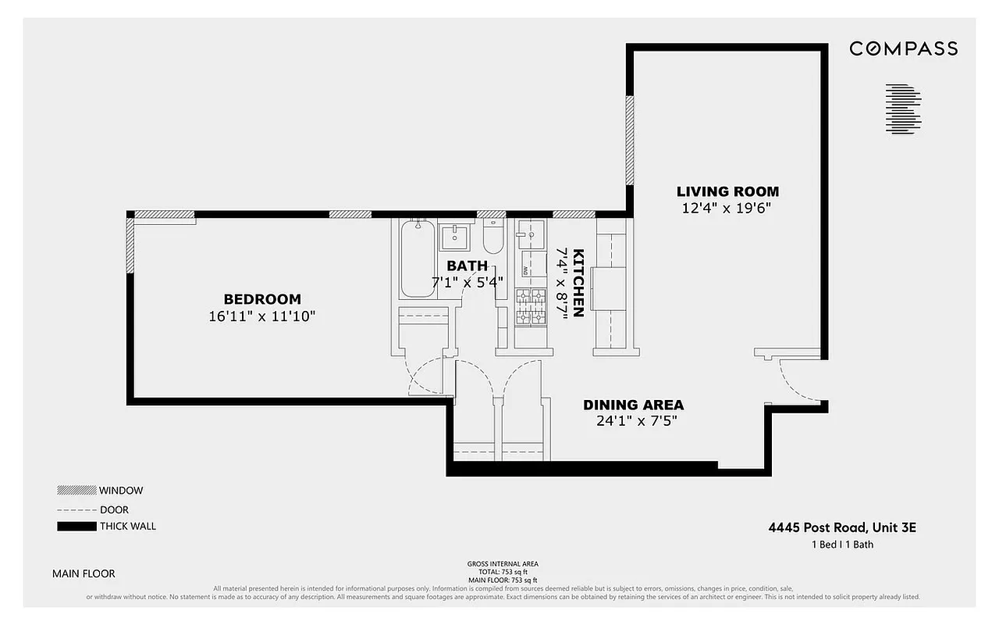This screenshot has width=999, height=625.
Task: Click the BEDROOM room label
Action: pyautogui.click(x=262, y=299)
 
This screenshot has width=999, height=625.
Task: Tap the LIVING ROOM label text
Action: pyautogui.click(x=727, y=191)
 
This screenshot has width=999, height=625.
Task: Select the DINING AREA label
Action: pyautogui.click(x=633, y=405)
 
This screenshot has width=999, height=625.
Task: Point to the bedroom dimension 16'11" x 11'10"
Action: pyautogui.click(x=262, y=316)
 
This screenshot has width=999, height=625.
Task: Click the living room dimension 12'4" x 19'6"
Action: pyautogui.click(x=727, y=208)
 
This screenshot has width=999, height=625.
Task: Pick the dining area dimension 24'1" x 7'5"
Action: pyautogui.click(x=633, y=421)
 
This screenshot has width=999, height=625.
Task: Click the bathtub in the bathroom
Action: pyautogui.click(x=418, y=258)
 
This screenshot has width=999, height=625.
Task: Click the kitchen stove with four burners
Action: pyautogui.click(x=531, y=305)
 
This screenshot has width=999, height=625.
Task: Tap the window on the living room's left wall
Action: pyautogui.click(x=630, y=141)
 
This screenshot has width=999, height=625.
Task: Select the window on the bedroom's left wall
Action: pyautogui.click(x=130, y=245)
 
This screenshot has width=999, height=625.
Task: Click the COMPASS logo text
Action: pyautogui.click(x=903, y=48)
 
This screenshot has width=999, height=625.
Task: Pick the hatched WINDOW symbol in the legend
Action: pyautogui.click(x=76, y=491)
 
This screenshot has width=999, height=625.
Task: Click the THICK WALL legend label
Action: pyautogui.click(x=127, y=526)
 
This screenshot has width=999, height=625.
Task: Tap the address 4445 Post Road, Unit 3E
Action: pyautogui.click(x=842, y=527)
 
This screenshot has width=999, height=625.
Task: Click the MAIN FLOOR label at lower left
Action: pyautogui.click(x=84, y=573)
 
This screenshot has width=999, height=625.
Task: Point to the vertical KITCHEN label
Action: pyautogui.click(x=578, y=283)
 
